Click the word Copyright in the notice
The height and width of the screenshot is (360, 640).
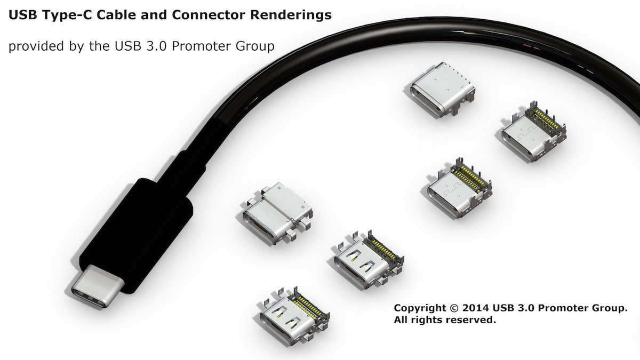419,309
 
